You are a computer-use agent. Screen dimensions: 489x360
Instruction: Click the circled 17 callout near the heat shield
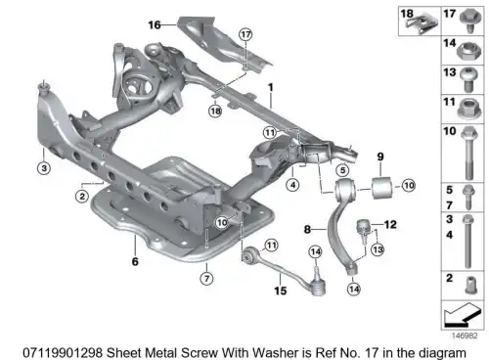point(245,34)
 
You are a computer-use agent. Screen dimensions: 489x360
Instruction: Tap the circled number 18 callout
point(215,112)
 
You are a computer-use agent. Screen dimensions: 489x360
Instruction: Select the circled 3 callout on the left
point(44,168)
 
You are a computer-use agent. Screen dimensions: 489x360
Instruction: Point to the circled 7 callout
point(206,279)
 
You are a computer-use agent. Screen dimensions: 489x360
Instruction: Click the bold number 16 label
point(155,24)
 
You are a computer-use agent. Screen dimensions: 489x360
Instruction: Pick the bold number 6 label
point(135,261)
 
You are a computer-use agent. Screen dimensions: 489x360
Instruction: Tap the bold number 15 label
point(281,291)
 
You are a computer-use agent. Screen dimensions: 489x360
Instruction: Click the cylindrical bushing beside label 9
point(381,187)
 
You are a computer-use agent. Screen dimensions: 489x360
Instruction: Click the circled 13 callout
point(378,249)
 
